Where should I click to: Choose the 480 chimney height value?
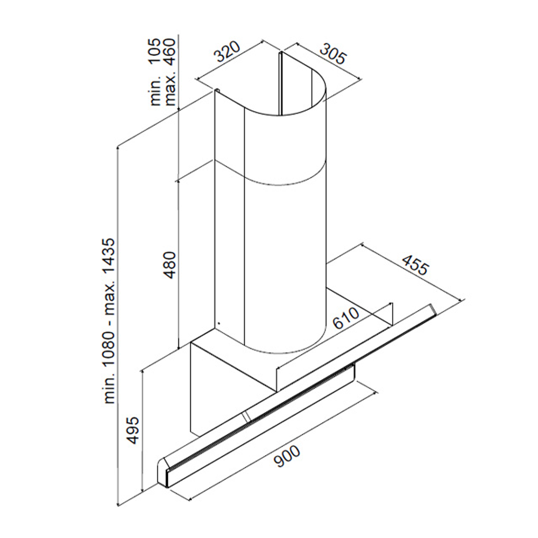point(170,264)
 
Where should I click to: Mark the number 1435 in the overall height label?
point(110,261)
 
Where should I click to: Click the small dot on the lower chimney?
point(218,323)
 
